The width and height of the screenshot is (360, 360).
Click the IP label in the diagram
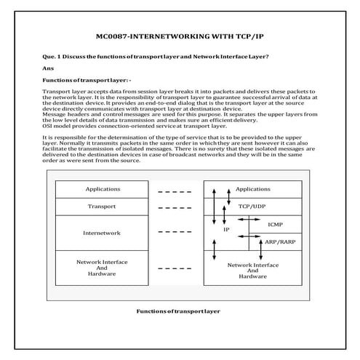[226, 229]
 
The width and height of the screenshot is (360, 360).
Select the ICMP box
[276, 224]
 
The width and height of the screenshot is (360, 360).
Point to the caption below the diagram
[178, 311]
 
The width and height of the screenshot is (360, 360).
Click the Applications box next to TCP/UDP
[253, 189]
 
